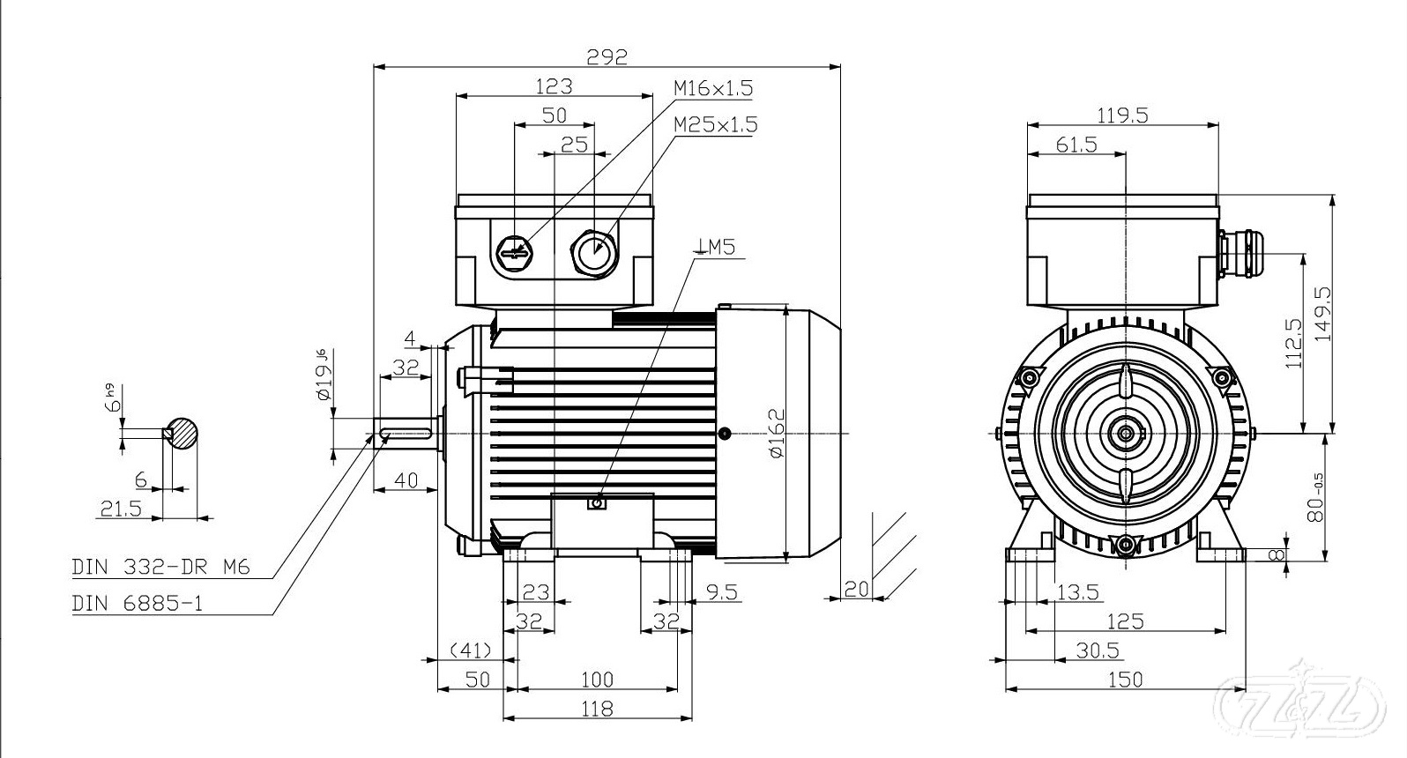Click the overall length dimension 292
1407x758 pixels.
[x=607, y=57]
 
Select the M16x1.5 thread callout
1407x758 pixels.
[x=713, y=88]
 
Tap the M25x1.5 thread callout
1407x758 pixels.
[x=715, y=124]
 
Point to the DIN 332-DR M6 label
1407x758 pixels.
[x=161, y=568]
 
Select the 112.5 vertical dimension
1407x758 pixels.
[x=1293, y=344]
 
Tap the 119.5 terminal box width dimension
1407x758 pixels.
[x=1122, y=115]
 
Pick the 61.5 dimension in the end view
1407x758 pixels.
[x=1076, y=145]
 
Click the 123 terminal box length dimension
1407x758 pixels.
[x=555, y=86]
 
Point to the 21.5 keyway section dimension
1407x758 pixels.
[x=122, y=509]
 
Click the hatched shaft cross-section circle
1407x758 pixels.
[x=182, y=433]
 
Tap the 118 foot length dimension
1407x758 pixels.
[x=597, y=708]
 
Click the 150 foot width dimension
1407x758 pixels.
[x=1125, y=680]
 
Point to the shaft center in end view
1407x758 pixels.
[x=1126, y=433]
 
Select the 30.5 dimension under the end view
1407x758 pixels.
[x=1097, y=650]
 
